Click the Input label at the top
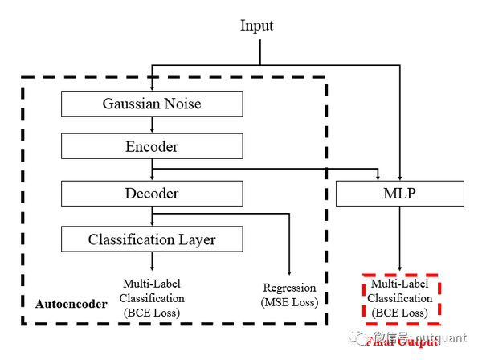click(257, 26)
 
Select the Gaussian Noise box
click(152, 104)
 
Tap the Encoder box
click(152, 147)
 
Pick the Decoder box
click(152, 194)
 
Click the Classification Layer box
click(152, 239)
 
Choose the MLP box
click(400, 194)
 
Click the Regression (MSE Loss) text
click(289, 295)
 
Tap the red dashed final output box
click(400, 298)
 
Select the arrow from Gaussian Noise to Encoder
click(152, 125)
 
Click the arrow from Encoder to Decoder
click(152, 170)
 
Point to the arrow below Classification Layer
click(152, 262)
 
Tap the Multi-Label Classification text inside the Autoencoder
click(153, 298)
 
